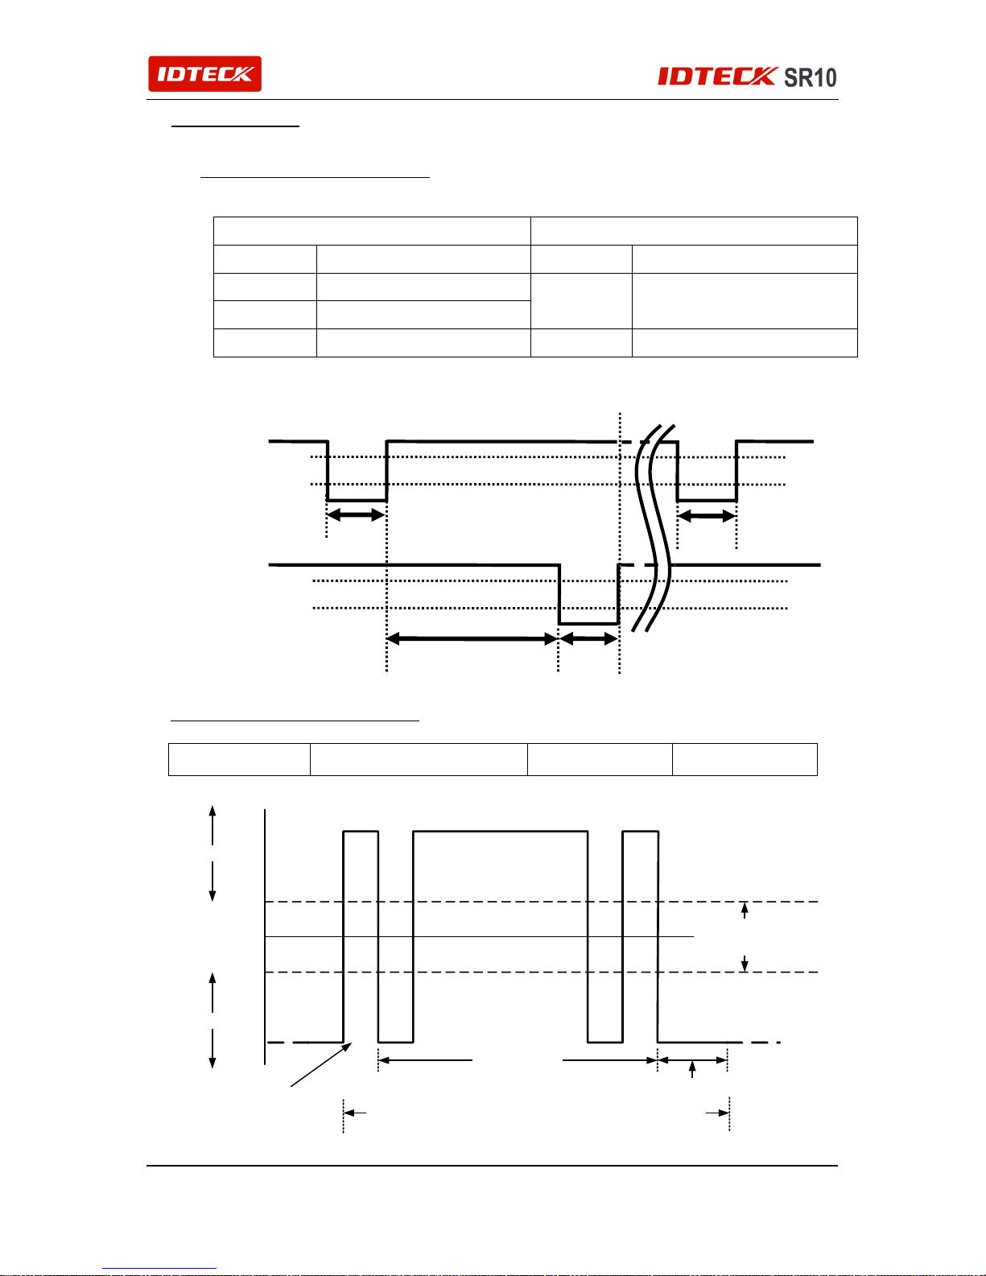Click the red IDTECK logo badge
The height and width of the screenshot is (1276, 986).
(204, 74)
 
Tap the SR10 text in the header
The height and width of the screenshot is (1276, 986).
(811, 77)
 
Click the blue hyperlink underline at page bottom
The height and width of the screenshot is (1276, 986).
(159, 1269)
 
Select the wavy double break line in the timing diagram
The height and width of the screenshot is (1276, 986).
(654, 528)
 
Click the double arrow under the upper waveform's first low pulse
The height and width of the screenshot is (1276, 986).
(356, 515)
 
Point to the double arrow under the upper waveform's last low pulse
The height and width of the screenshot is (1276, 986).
(707, 516)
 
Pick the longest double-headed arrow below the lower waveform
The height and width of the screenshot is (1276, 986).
(472, 638)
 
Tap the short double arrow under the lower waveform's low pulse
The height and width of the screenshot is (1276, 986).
(588, 638)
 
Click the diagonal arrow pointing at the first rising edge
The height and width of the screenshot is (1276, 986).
(321, 1064)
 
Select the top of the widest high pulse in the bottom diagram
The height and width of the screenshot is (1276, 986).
(500, 831)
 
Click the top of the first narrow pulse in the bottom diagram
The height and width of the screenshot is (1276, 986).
(361, 831)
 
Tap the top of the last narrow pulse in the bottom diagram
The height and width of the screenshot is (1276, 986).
(641, 831)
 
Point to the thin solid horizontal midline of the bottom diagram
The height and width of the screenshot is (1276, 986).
(479, 936)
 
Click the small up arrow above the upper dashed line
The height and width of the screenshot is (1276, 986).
(745, 911)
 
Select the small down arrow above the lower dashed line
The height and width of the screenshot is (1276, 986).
(745, 964)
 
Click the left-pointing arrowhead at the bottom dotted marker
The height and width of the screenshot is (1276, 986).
(354, 1112)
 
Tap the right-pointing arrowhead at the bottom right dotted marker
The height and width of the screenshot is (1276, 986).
(717, 1112)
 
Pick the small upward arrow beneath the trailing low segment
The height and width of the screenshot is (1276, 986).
(692, 1069)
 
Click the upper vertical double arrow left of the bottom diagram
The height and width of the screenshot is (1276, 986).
(212, 853)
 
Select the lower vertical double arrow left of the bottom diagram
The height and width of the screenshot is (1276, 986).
(212, 1020)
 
